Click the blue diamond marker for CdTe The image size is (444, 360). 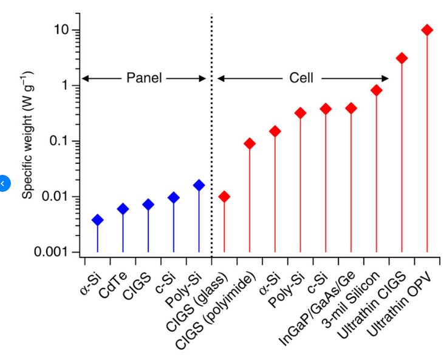tap(123, 209)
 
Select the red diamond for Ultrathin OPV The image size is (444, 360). tap(427, 30)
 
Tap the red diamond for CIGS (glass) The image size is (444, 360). tap(224, 197)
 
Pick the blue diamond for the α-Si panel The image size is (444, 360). tap(97, 220)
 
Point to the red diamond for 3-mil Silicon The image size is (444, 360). tap(377, 90)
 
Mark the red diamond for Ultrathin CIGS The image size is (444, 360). tap(402, 58)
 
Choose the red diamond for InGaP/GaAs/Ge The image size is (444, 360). tap(351, 108)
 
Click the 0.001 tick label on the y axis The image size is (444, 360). tap(52, 252)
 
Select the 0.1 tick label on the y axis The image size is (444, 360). tap(58, 141)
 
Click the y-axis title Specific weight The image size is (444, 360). tap(28, 135)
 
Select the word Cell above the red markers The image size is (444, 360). tap(302, 78)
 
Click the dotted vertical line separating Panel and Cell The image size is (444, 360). tap(211, 152)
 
